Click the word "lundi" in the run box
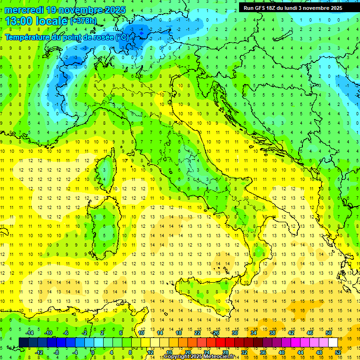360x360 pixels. click(299, 8)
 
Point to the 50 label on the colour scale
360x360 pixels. click(329, 333)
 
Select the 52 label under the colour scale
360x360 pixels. click(338, 352)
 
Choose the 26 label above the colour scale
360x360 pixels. click(216, 333)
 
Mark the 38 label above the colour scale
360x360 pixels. click(272, 333)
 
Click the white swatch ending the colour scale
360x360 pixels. click(333, 342)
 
